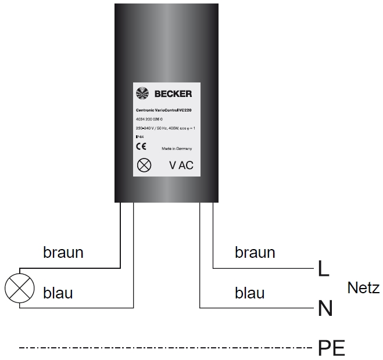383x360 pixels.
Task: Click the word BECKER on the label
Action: [173, 93]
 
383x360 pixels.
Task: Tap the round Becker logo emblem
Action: [142, 93]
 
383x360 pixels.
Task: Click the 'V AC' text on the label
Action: [181, 165]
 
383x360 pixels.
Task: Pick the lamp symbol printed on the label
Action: [143, 165]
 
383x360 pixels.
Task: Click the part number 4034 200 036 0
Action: [149, 118]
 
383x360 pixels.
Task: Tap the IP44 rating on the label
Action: [139, 137]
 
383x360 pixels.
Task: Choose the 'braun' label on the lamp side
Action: [63, 253]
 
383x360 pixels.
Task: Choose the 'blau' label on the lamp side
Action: [58, 293]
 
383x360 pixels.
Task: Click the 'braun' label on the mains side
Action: [255, 253]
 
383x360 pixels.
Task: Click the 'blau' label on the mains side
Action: [250, 293]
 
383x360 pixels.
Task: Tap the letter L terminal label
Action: [323, 268]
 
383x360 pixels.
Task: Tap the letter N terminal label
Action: [325, 308]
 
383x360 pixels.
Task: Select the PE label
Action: [331, 348]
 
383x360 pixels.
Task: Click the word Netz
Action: [363, 287]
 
